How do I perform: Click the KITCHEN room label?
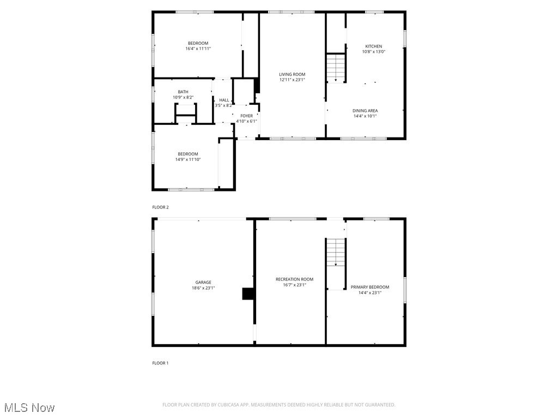[x=373, y=46]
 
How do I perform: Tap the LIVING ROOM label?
[x=292, y=74]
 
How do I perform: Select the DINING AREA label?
[x=365, y=111]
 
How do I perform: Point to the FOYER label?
[x=246, y=116]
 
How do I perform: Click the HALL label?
[x=224, y=100]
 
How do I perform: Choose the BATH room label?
[x=183, y=92]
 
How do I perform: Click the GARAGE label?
[x=203, y=283]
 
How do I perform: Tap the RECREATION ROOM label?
[x=294, y=279]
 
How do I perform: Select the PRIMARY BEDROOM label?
[x=369, y=287]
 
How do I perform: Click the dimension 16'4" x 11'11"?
[x=198, y=49]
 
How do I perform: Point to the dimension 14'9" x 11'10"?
[x=187, y=159]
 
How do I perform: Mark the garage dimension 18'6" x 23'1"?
[x=203, y=288]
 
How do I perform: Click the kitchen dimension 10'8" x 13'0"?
[x=373, y=52]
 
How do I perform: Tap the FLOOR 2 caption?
[x=160, y=207]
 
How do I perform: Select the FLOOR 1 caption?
[x=160, y=363]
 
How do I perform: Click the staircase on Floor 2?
[x=336, y=68]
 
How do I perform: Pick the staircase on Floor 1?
[x=336, y=253]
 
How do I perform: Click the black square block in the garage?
[x=248, y=294]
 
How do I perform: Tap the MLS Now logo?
[x=29, y=408]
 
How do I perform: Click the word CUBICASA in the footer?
[x=225, y=405]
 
